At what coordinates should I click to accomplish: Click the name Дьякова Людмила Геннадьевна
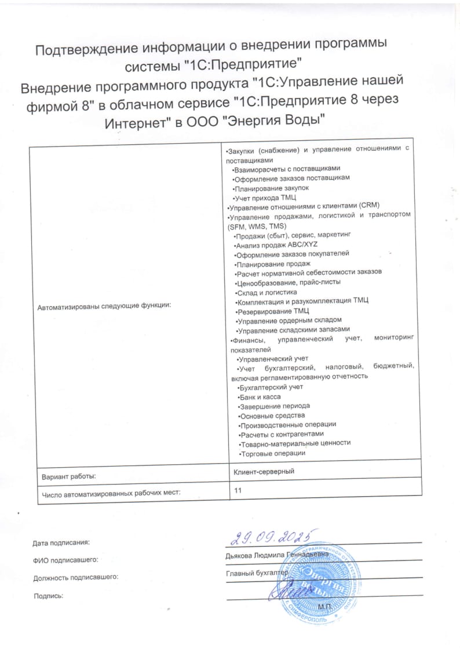277,555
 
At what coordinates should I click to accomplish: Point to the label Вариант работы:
68,476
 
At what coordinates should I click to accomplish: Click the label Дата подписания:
61,543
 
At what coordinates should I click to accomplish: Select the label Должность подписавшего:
75,577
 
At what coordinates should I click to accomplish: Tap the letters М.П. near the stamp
324,606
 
